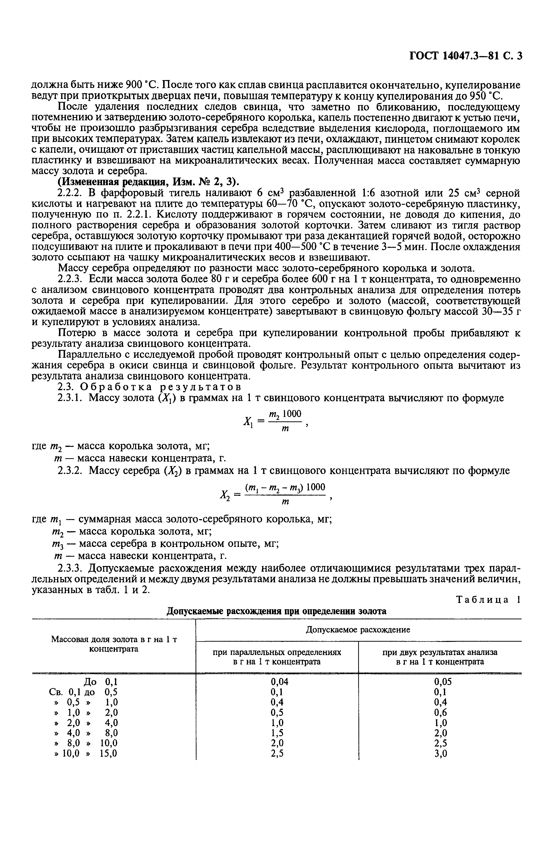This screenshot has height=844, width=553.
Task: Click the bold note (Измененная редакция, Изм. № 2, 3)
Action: pos(148,182)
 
